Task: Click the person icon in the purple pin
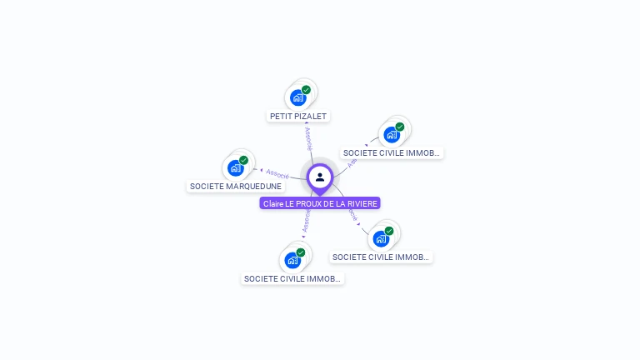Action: coord(320,177)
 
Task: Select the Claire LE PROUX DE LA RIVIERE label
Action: coord(320,203)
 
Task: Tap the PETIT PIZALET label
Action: coord(298,117)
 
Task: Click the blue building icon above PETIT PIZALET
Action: coord(297,97)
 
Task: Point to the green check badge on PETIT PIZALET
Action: coord(306,90)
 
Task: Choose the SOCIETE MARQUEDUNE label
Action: coord(236,186)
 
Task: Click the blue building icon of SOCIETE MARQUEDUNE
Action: coord(236,167)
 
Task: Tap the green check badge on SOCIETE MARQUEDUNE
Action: coord(244,160)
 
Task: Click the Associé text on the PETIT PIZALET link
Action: coord(307,137)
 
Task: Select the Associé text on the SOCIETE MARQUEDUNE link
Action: coord(277,174)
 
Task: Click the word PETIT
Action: coord(280,117)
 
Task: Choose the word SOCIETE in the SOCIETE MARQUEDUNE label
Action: coord(205,186)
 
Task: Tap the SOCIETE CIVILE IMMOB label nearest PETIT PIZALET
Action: coord(392,153)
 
